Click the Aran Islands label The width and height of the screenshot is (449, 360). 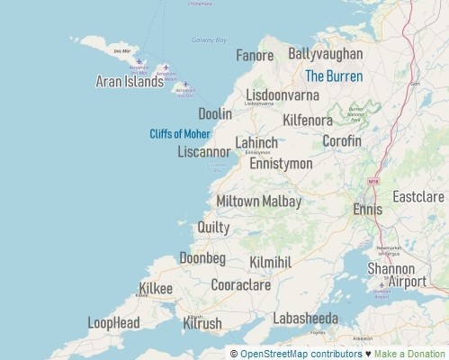[130, 82]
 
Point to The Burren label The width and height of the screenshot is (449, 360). [334, 76]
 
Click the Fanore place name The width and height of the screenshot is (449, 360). [255, 56]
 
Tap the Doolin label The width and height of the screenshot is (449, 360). [215, 114]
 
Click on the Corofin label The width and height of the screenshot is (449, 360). [341, 141]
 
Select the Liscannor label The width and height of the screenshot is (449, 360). [204, 152]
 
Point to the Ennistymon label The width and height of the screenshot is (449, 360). [281, 164]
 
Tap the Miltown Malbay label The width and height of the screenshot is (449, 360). [259, 202]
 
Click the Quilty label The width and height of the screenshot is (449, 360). [213, 228]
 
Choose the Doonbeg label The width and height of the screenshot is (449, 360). [202, 258]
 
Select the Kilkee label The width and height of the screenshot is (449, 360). [156, 289]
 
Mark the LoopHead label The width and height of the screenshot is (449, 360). [113, 322]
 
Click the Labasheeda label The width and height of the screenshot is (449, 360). [306, 318]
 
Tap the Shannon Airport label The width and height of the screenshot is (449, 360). [396, 275]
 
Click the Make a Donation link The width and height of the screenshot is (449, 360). [410, 354]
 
